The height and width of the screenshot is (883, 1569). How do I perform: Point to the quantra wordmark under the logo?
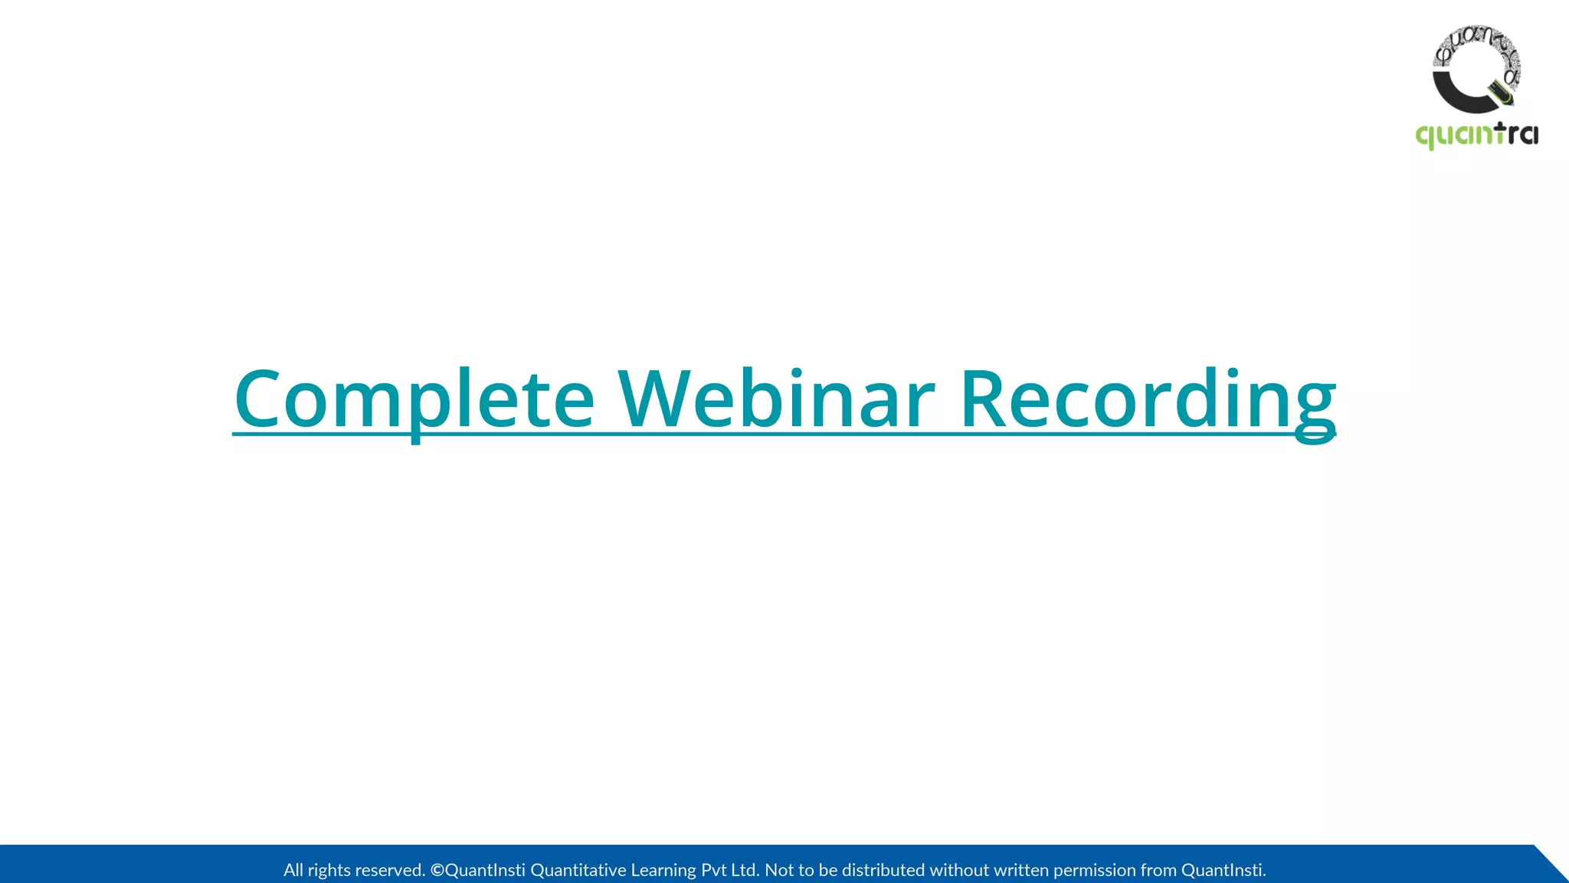point(1476,136)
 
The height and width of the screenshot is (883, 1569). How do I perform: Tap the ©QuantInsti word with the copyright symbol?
point(477,870)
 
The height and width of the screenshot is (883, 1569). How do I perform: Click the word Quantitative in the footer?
point(578,870)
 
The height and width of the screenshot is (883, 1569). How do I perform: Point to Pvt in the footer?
point(713,870)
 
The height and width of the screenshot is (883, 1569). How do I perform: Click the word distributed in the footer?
point(883,870)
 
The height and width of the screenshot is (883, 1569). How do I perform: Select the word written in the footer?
point(1020,870)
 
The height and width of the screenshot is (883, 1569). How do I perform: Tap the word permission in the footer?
point(1094,870)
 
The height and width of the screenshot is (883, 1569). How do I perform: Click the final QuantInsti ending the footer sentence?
point(1223,870)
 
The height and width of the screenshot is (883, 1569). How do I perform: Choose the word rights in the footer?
point(329,870)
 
